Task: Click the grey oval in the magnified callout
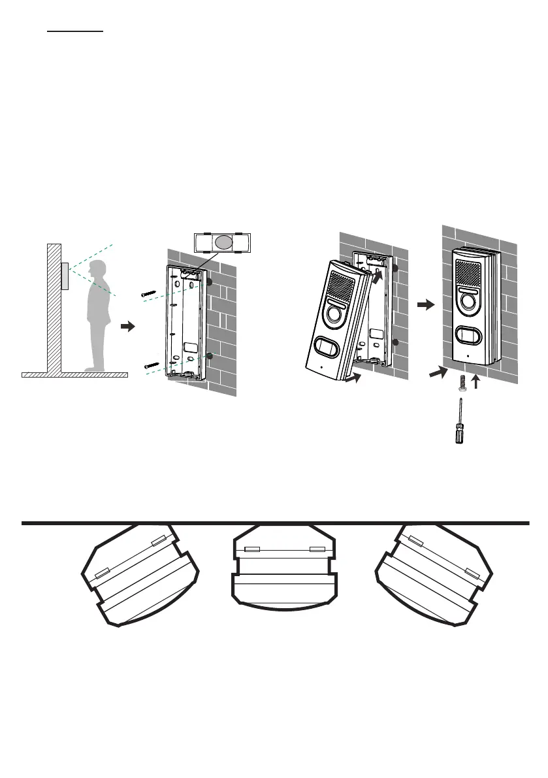[223, 243]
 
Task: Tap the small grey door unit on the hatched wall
[65, 276]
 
